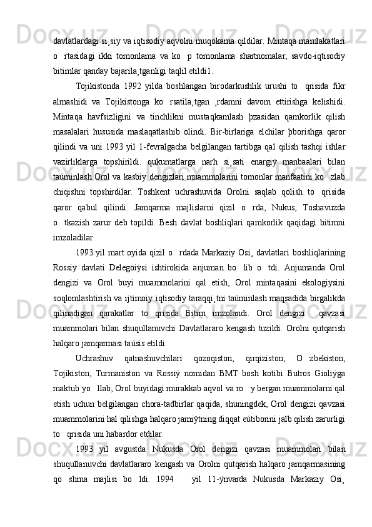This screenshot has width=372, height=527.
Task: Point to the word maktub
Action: pos(67,387)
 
